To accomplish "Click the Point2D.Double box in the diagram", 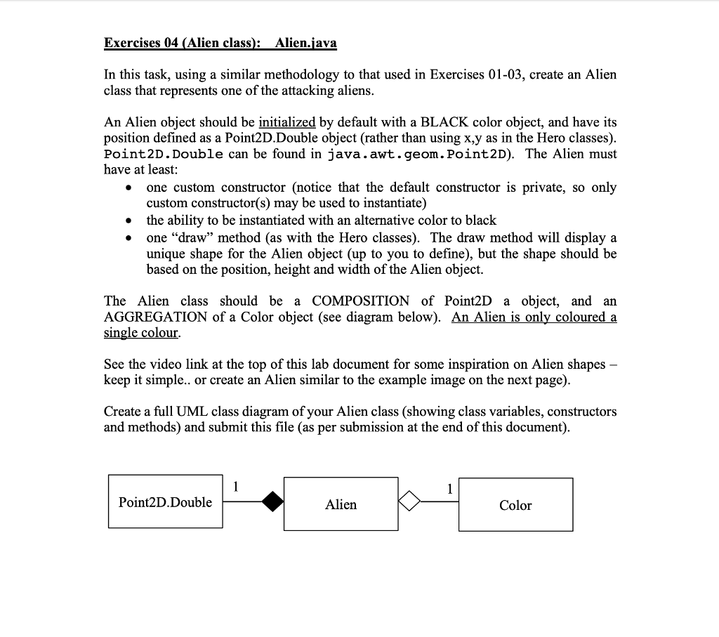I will [165, 502].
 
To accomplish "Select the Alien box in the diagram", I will [341, 504].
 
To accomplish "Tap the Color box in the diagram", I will [515, 505].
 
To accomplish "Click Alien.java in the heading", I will [306, 43].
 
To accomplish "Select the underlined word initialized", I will [287, 122].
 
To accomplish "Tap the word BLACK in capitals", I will [440, 122].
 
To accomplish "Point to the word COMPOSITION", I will [360, 301].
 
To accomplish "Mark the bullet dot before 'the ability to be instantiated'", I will [128, 221].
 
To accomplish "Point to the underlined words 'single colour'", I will [140, 333].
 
